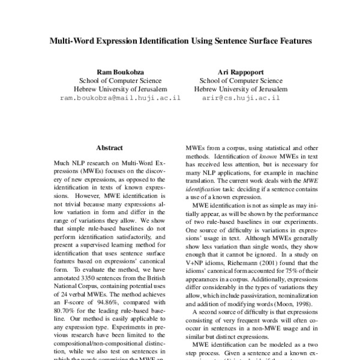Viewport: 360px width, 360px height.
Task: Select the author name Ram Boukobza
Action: tap(121, 71)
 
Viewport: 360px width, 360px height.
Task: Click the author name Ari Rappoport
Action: tap(240, 71)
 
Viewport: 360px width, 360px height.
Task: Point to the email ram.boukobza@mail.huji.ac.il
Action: tap(121, 97)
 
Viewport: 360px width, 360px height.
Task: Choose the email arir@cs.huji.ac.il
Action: tap(240, 97)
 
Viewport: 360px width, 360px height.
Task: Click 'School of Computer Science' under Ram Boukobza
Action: tap(121, 80)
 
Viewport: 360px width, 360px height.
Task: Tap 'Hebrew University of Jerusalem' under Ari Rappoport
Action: tap(240, 88)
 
